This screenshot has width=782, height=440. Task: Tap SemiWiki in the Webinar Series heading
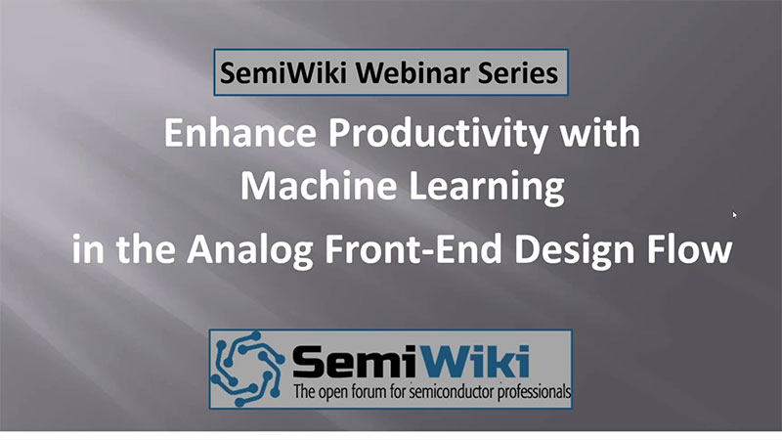[x=283, y=72]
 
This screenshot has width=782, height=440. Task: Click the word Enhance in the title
[x=240, y=133]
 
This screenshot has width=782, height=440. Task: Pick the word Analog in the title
[x=250, y=250]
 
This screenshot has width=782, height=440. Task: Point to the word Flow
[x=690, y=248]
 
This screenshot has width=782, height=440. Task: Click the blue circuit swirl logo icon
[x=247, y=368]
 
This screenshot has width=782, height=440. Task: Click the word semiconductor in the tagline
[x=448, y=392]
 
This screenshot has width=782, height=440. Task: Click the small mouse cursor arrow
[x=735, y=214]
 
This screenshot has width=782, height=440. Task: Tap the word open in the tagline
[x=333, y=393]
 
